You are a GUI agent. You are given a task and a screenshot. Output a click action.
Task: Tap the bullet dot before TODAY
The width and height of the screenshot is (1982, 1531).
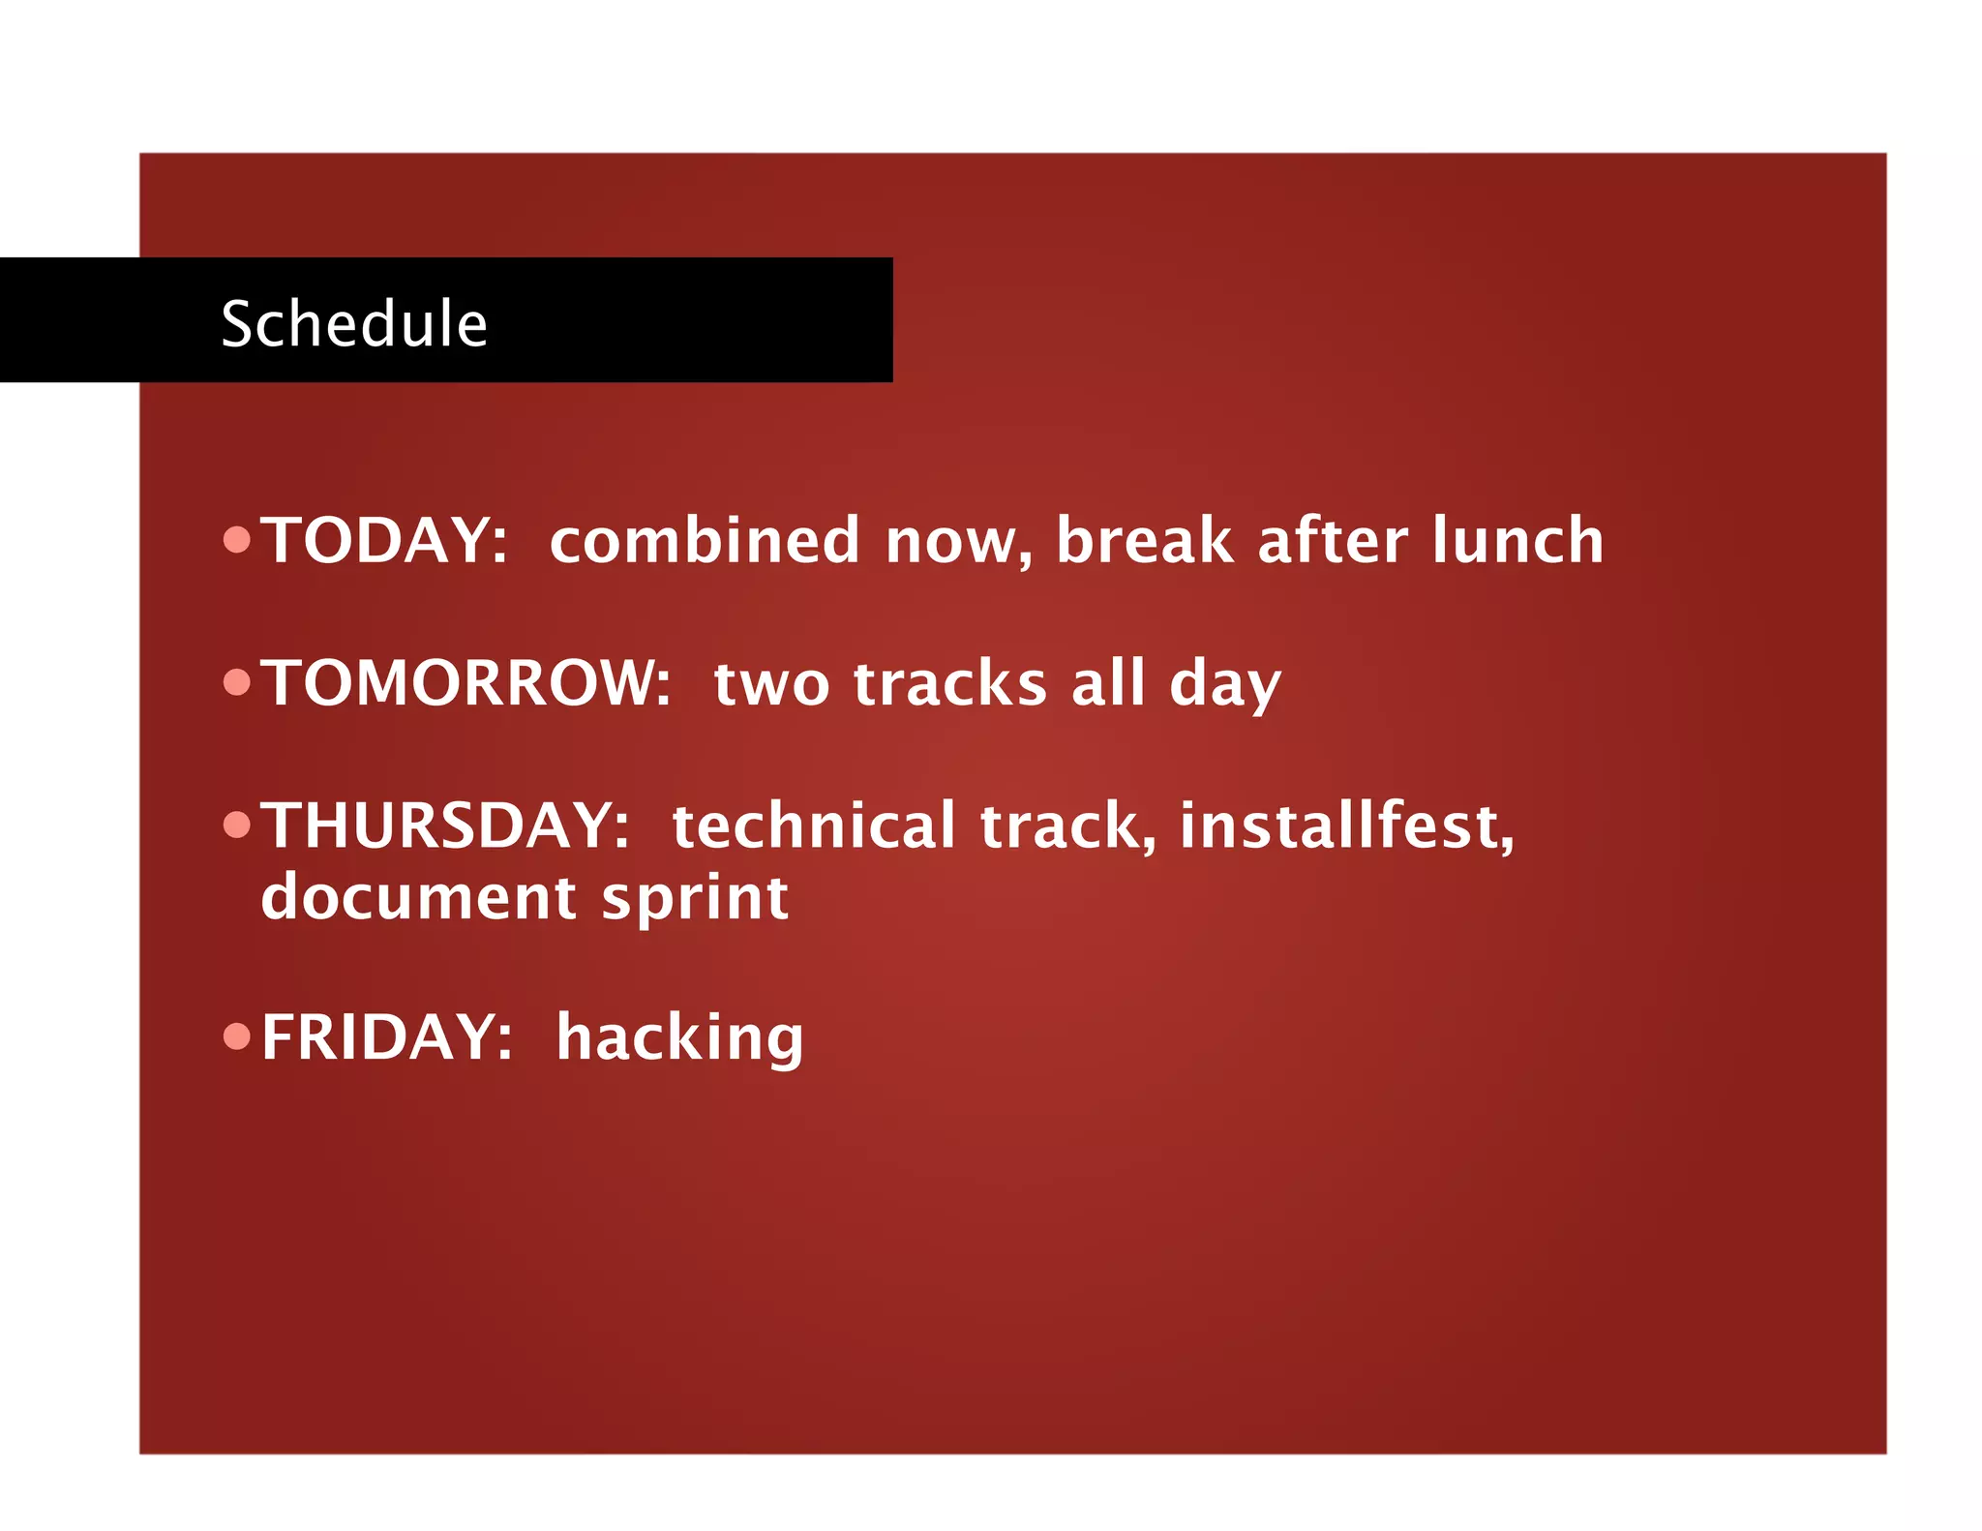tap(236, 539)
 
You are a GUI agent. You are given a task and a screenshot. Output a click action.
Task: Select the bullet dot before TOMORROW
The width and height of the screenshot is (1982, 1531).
tap(236, 682)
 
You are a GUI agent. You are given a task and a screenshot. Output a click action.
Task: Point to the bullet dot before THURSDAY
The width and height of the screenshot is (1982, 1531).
tap(236, 825)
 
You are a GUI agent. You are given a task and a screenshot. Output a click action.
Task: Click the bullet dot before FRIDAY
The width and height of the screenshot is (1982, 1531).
tap(236, 1036)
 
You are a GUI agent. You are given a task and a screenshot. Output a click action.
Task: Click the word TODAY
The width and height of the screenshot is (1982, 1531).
tap(384, 540)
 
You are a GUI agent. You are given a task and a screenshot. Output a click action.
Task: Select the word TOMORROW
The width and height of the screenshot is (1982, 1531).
tap(466, 683)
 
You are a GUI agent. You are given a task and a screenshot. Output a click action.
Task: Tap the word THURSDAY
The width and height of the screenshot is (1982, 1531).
tap(445, 826)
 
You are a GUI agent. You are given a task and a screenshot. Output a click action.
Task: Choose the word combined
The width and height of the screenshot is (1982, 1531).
tap(705, 540)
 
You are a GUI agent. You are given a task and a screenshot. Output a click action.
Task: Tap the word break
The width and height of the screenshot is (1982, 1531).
tap(1145, 540)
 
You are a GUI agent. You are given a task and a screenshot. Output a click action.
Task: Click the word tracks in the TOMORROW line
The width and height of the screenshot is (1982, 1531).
tap(950, 683)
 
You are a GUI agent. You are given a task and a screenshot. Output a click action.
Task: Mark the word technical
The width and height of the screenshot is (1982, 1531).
tap(814, 826)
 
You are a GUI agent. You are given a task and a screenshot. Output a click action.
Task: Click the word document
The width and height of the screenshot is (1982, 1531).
tap(419, 897)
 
